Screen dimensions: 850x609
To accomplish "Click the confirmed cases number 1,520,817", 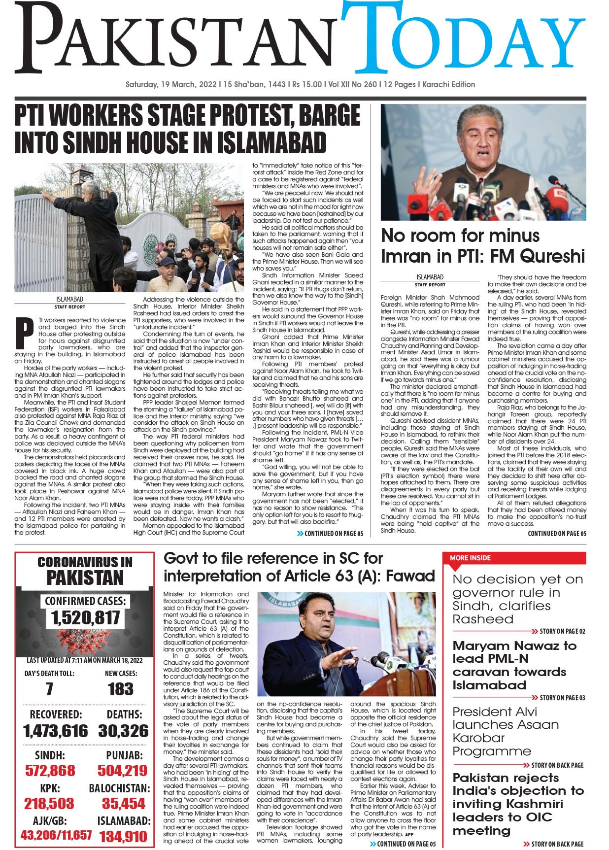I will (85, 617).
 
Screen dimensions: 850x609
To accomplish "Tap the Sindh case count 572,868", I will (50, 770).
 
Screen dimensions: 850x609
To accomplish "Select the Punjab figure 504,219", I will (122, 770).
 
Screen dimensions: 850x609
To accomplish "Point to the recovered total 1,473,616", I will (55, 731).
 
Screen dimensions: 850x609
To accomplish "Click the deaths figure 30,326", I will (123, 731).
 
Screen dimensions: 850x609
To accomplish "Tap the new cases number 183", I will (121, 689).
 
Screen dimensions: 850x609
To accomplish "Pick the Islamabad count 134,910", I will (123, 836).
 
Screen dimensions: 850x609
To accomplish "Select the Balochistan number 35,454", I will (123, 803).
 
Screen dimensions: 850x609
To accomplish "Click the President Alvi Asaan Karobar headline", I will (505, 731).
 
